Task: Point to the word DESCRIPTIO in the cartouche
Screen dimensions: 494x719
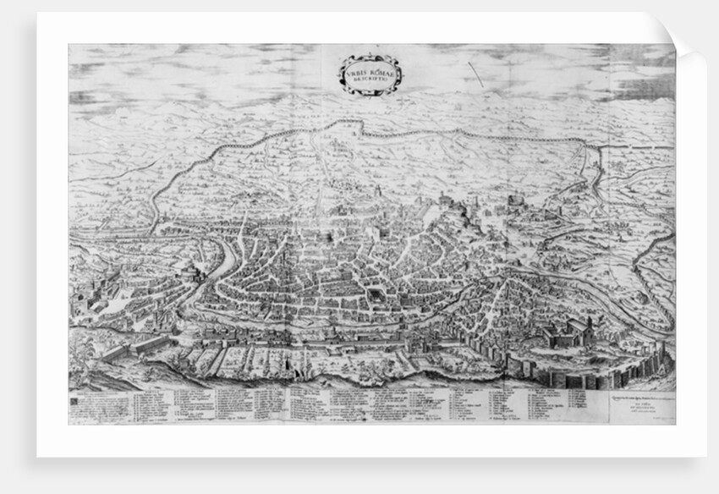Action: pyautogui.click(x=370, y=82)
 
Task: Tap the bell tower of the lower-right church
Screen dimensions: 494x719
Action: pyautogui.click(x=585, y=327)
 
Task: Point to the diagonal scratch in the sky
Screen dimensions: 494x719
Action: pyautogui.click(x=475, y=74)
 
